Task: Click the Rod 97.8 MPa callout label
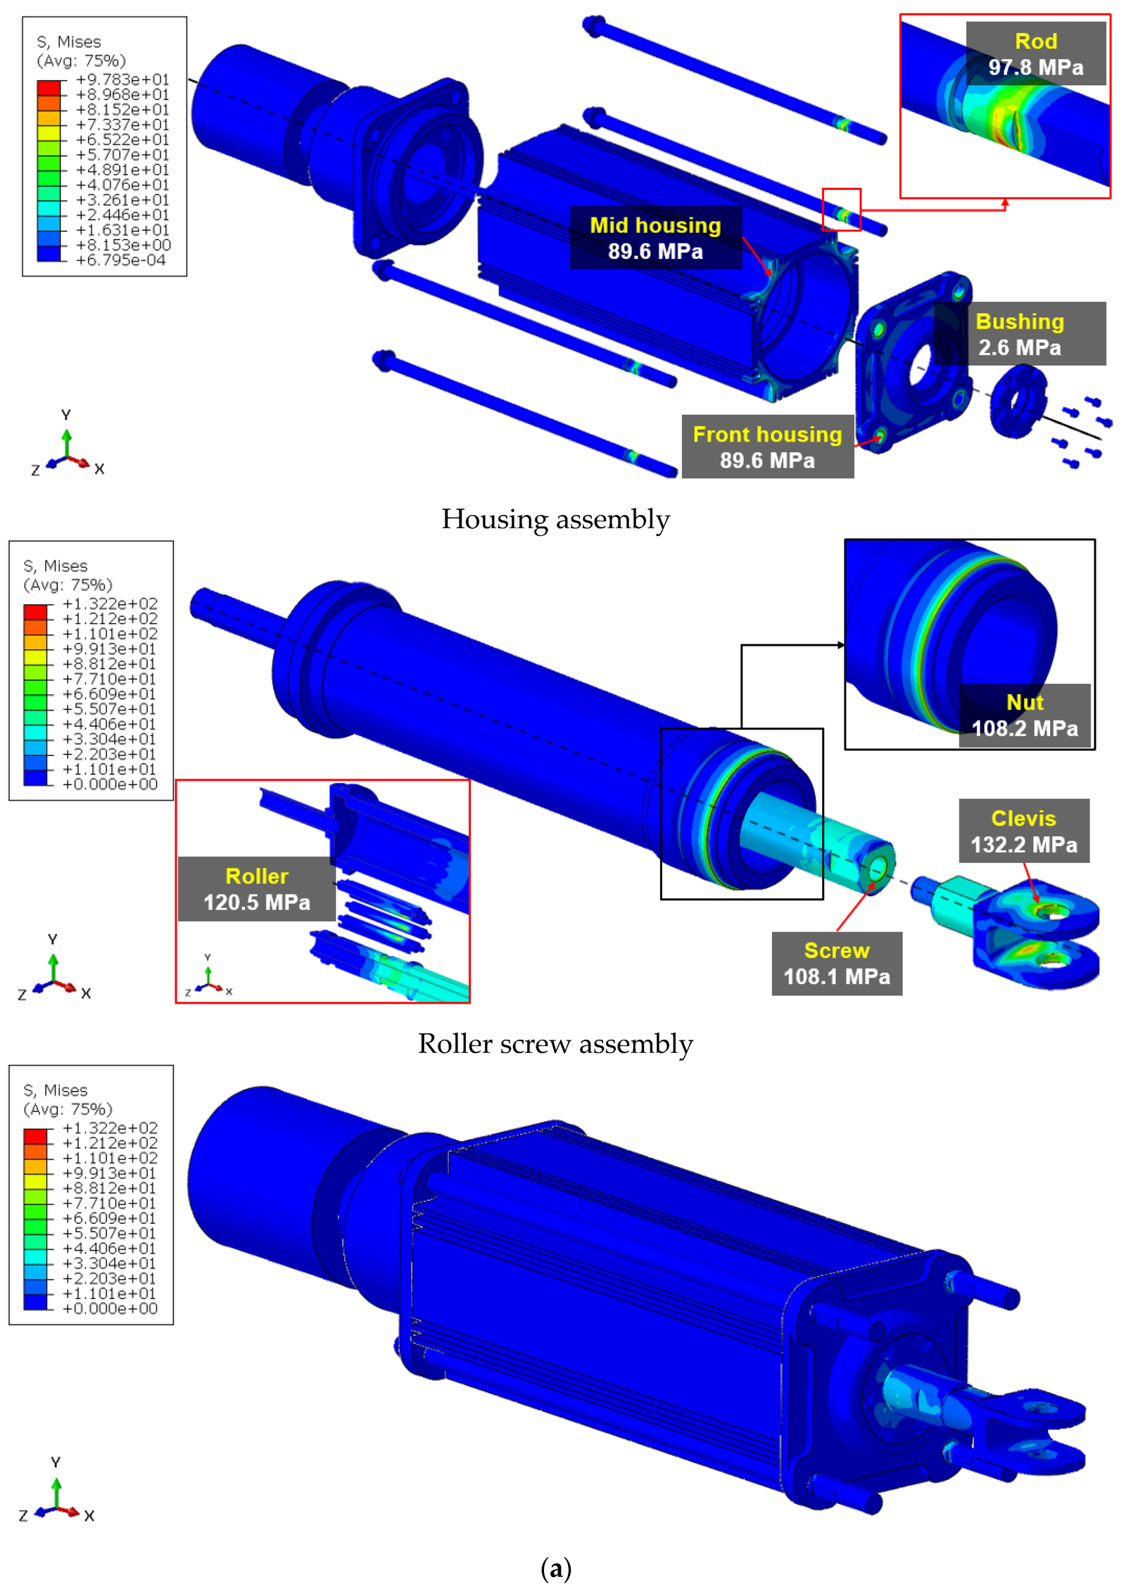pos(1035,54)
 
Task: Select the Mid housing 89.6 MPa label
pos(654,238)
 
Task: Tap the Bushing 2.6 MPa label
pos(1019,334)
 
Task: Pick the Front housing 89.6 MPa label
pos(767,447)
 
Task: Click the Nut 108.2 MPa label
pos(1024,715)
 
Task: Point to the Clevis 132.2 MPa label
pos(1023,831)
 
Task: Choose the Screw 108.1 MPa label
pos(836,963)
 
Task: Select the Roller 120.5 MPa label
pos(256,888)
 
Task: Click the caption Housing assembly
pos(555,520)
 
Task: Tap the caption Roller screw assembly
pos(555,1044)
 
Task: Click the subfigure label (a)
pos(555,1568)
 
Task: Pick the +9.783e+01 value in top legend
pos(122,79)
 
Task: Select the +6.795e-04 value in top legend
pos(121,260)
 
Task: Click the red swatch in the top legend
pos(49,87)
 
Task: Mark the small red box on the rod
pos(841,209)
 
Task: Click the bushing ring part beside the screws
pos(1017,402)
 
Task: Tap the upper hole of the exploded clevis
pos(1051,912)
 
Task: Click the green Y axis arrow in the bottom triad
pos(56,1491)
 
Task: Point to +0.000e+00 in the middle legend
pos(110,784)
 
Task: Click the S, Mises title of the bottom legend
pos(56,1090)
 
